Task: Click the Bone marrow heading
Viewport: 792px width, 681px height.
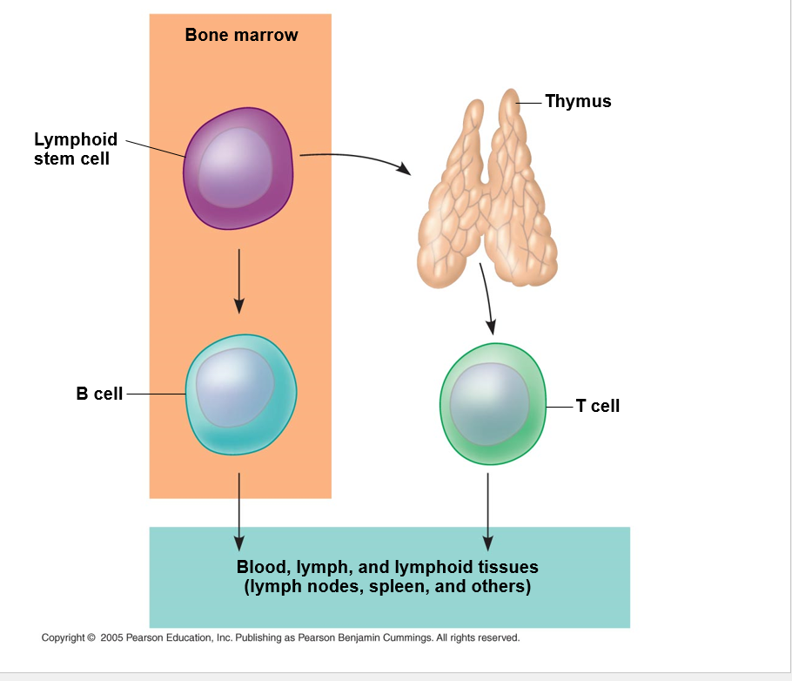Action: pos(241,35)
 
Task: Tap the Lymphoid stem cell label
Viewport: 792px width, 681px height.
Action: pos(75,149)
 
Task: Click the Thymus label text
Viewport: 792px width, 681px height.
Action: pos(578,101)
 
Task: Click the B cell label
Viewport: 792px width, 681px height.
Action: pos(99,394)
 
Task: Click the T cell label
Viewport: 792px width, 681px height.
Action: pos(598,406)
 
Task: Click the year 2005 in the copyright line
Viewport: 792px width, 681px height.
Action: pos(111,637)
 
